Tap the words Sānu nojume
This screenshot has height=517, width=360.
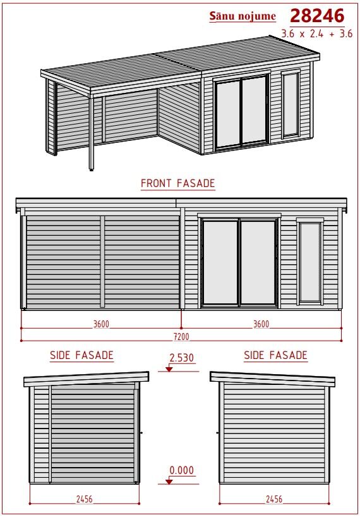click(243, 16)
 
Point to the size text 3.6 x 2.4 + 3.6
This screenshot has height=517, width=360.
click(317, 33)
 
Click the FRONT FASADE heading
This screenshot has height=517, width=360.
click(178, 183)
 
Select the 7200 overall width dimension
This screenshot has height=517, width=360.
click(181, 337)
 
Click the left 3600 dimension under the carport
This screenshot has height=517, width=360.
click(101, 324)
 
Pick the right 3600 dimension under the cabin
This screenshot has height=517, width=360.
click(261, 324)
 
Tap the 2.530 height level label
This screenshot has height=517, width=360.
click(181, 358)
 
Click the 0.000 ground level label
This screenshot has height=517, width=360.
click(181, 470)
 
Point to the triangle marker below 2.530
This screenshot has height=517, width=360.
click(169, 369)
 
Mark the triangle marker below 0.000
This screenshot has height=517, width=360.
click(169, 482)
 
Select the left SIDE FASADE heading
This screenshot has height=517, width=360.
click(81, 355)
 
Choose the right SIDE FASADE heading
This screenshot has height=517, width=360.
click(275, 355)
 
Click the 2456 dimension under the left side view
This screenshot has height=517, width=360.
click(85, 499)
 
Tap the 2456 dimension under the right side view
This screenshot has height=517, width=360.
click(274, 499)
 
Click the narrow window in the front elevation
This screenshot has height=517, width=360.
click(310, 262)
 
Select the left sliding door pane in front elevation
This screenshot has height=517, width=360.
click(220, 262)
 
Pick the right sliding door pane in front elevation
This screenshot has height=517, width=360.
click(258, 262)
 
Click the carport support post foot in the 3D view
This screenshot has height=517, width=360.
click(92, 169)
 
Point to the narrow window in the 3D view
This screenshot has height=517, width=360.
click(291, 104)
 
